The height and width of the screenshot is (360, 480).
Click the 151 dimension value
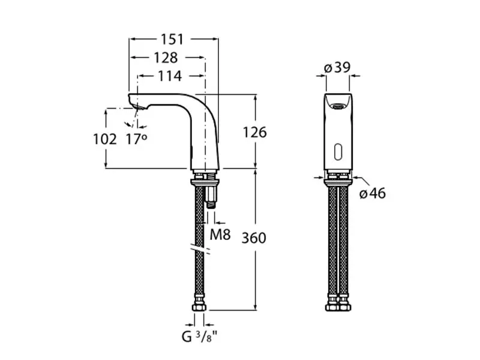click(172, 40)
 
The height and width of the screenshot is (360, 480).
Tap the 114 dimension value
click(170, 76)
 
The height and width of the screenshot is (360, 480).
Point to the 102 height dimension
click(105, 139)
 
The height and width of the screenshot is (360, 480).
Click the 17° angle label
click(136, 139)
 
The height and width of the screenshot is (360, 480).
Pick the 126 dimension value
click(254, 132)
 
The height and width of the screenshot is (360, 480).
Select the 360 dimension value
click(254, 238)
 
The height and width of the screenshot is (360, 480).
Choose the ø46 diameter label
click(373, 193)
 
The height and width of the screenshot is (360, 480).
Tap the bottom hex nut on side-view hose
click(199, 307)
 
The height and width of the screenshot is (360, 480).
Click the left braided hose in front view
click(331, 240)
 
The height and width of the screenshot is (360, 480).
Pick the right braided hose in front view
click(344, 240)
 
